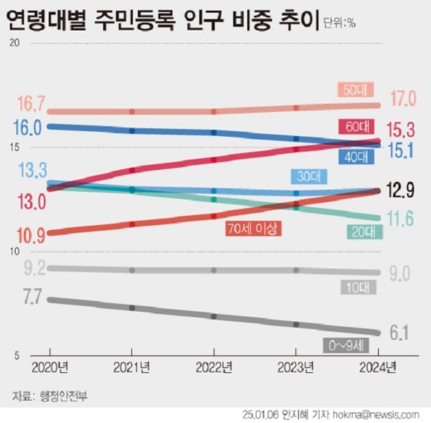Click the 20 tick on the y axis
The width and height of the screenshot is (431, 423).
click(x=11, y=43)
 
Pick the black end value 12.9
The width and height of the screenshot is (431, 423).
click(x=403, y=190)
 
